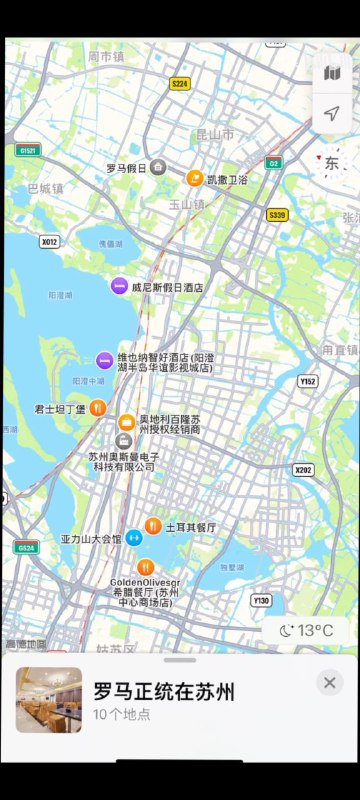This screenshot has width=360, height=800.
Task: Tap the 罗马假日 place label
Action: (127, 168)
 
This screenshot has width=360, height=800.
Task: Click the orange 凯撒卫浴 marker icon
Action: (195, 179)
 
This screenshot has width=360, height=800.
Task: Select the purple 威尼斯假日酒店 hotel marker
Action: (119, 286)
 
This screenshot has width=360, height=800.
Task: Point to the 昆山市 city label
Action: (214, 133)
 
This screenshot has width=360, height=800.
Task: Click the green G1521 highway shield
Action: (27, 150)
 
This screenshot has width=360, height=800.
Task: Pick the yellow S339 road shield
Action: (277, 214)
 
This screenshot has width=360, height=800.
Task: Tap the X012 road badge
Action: (49, 241)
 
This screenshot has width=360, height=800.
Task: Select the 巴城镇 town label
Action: (45, 187)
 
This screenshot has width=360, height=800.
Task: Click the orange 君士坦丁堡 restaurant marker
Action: (98, 407)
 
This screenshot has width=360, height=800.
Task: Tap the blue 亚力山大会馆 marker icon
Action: (135, 537)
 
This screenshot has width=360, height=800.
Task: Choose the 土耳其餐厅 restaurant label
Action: (191, 526)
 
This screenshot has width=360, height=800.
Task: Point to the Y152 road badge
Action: (308, 381)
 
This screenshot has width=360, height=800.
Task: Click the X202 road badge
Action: (304, 470)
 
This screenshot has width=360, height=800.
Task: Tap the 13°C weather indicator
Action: (307, 630)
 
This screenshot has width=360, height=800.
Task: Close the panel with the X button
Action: (329, 682)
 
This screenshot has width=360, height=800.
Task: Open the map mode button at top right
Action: (333, 74)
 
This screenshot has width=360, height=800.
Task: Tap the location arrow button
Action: (333, 114)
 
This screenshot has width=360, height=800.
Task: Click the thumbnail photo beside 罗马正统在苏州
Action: (49, 700)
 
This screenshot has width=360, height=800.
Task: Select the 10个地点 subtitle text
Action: (122, 714)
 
